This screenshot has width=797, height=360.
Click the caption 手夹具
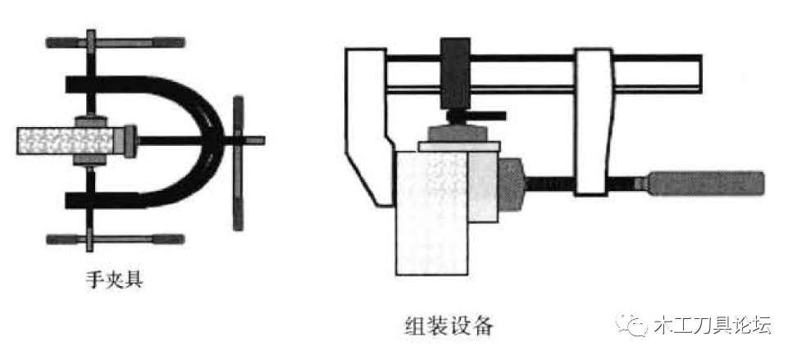coord(114,280)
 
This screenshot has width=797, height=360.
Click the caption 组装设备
coord(449,326)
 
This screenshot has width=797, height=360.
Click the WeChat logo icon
coord(632,325)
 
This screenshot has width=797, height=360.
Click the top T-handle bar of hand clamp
coord(115,43)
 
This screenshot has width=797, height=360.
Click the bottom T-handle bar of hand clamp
coord(115,239)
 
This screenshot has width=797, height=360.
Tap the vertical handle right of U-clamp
coord(238,162)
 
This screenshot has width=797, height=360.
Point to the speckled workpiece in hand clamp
coord(65,141)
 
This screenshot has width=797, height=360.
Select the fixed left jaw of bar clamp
coord(369,127)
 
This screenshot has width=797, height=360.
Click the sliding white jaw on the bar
coord(593,122)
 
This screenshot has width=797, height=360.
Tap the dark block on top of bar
coord(455,74)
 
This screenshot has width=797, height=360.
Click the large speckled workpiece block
coord(431,213)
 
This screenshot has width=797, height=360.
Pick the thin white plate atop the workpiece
coord(459,147)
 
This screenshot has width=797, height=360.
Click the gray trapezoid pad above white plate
coord(458,133)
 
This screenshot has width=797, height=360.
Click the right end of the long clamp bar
coord(701,74)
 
